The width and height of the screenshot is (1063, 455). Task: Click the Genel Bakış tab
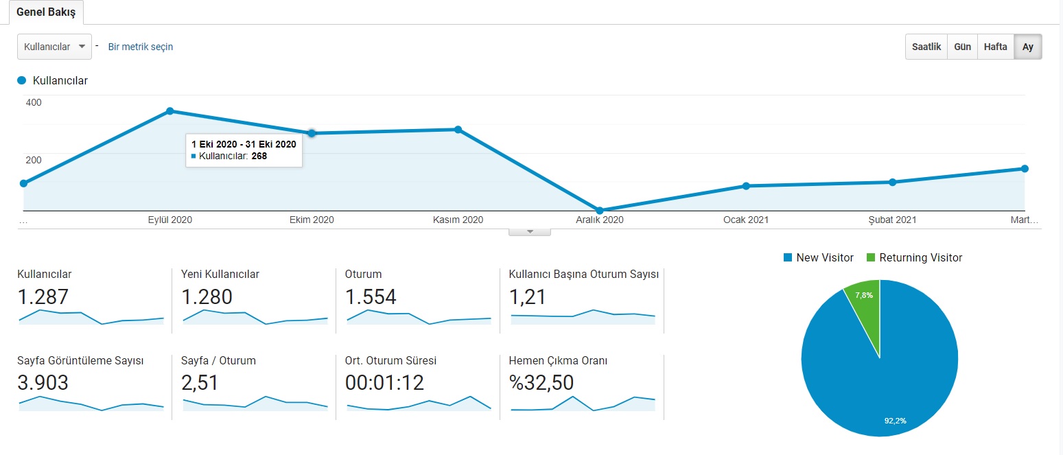pyautogui.click(x=46, y=12)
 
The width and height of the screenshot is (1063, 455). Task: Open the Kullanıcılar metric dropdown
pyautogui.click(x=55, y=47)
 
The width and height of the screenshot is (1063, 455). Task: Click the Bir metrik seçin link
pyautogui.click(x=141, y=47)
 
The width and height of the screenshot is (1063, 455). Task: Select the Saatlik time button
pyautogui.click(x=926, y=47)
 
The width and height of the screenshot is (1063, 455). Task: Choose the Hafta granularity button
pyautogui.click(x=996, y=47)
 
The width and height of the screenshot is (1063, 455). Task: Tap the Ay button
pyautogui.click(x=1028, y=47)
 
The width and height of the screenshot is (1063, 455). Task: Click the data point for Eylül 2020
pyautogui.click(x=170, y=111)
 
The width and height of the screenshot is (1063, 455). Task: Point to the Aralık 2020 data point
pyautogui.click(x=599, y=210)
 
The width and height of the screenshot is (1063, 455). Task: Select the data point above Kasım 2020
pyautogui.click(x=458, y=130)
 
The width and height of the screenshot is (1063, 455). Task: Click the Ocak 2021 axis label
pyautogui.click(x=746, y=220)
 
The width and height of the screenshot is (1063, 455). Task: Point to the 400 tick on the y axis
pyautogui.click(x=34, y=102)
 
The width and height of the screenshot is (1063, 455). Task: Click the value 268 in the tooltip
pyautogui.click(x=259, y=156)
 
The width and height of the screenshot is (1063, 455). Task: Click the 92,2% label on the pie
pyautogui.click(x=896, y=421)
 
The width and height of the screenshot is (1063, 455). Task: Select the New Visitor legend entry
pyautogui.click(x=819, y=257)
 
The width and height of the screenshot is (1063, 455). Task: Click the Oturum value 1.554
pyautogui.click(x=371, y=297)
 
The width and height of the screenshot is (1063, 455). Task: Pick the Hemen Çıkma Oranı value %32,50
pyautogui.click(x=541, y=383)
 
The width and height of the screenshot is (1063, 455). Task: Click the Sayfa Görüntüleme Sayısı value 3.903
pyautogui.click(x=43, y=383)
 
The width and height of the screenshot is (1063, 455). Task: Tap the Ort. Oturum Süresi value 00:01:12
pyautogui.click(x=384, y=383)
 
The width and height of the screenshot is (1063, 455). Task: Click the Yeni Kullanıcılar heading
pyautogui.click(x=220, y=275)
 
